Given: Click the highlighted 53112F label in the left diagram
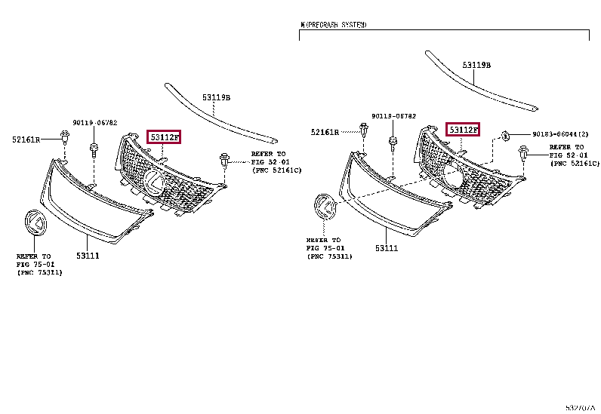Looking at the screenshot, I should pos(164,137).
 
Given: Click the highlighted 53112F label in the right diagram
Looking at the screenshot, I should pos(463,130).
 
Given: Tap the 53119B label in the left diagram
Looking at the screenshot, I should pos(216,97).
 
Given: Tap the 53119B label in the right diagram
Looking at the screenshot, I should pos(476,66).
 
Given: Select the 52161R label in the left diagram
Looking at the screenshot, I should pos(27,139).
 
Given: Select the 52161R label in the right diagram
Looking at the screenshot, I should pos(325,132).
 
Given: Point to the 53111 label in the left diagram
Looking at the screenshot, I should pos(88,256).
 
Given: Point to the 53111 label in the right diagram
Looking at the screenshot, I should pos(386,248).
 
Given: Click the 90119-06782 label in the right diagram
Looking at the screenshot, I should pos(393,116).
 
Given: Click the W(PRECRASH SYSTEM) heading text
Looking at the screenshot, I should pos(333,25).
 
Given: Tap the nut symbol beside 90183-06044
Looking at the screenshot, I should pos(506,135).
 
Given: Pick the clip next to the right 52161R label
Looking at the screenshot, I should pos(364,131).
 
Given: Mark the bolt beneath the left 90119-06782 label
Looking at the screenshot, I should pos(94,147).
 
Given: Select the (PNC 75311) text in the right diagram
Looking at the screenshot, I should pos(329,256).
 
